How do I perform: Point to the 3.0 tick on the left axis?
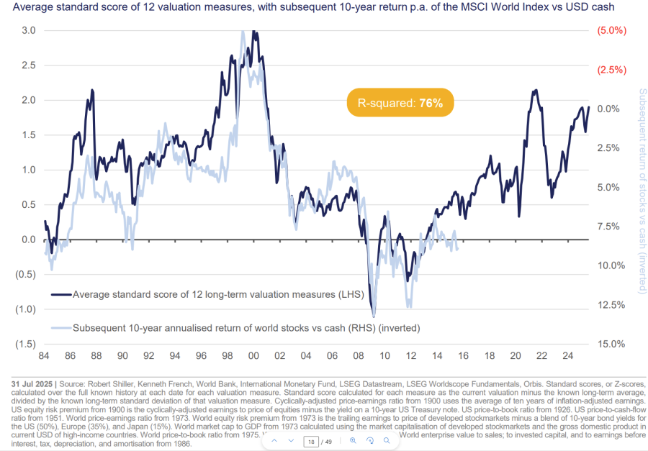(x=29, y=31)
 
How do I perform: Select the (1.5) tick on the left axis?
(x=26, y=344)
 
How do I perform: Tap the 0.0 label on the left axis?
(x=29, y=240)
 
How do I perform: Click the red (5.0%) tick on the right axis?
(x=611, y=31)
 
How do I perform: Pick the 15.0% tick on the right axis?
(x=611, y=344)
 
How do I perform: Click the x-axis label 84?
(x=45, y=355)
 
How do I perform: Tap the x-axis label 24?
(x=567, y=355)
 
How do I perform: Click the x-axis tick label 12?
(x=410, y=355)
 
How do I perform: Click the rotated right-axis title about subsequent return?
(x=642, y=191)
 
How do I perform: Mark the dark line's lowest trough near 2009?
(x=374, y=316)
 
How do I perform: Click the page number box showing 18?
(x=312, y=440)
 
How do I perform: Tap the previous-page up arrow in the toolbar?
(x=274, y=440)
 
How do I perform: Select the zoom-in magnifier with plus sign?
(x=353, y=440)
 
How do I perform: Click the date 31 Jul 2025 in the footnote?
(x=32, y=382)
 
